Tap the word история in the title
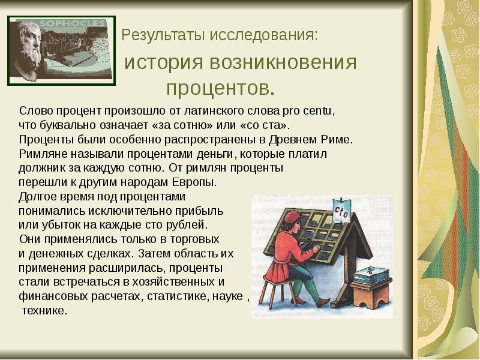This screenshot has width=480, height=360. tap(163, 62)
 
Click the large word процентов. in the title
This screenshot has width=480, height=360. tap(221, 89)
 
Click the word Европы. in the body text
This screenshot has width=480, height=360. tap(195, 182)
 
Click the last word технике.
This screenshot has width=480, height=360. tap(45, 311)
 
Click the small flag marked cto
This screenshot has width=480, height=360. tap(344, 212)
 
